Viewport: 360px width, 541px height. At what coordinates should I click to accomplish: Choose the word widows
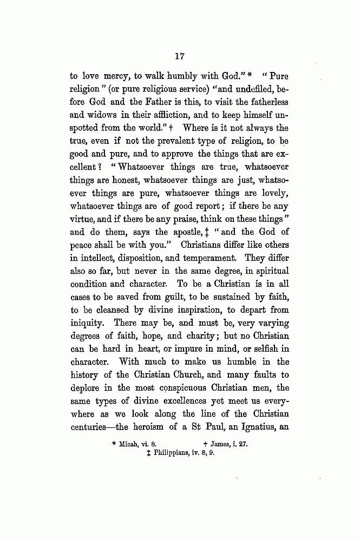point(105,116)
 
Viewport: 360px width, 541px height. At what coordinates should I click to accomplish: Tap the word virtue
point(83,220)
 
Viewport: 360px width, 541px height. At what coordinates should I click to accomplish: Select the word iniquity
point(87,324)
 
